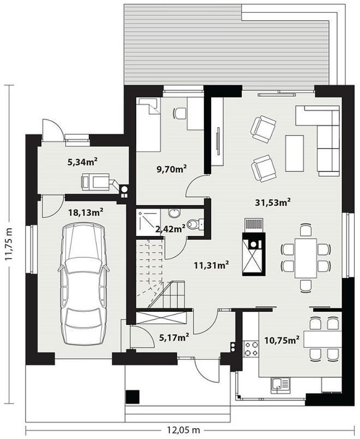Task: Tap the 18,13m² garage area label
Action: (86, 212)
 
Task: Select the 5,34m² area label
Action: (82, 162)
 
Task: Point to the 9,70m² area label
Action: (172, 169)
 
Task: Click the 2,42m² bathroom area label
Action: (170, 229)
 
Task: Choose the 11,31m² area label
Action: (212, 265)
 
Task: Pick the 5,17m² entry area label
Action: (174, 337)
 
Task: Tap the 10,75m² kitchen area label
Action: (282, 340)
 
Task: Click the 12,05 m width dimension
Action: (184, 430)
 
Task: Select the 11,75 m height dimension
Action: (9, 244)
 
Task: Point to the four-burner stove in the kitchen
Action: (251, 349)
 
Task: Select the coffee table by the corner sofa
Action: (294, 153)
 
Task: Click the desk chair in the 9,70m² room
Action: (179, 114)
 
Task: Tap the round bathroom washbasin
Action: (175, 213)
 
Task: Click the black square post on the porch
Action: (133, 397)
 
